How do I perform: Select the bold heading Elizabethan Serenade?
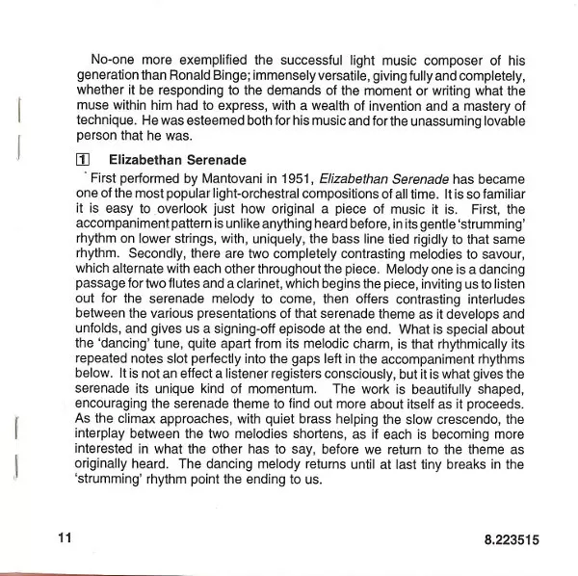(x=178, y=159)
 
